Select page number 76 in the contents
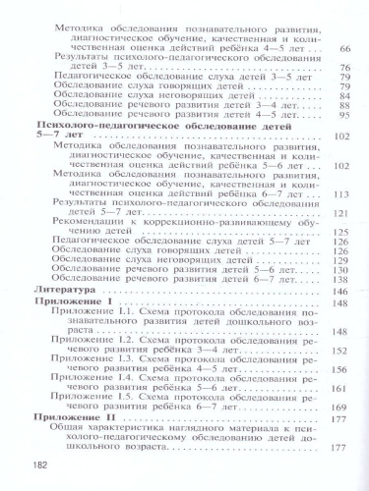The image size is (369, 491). pos(345,70)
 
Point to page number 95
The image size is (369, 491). pos(345,116)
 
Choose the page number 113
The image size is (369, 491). pos(343,193)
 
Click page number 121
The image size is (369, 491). pos(343,214)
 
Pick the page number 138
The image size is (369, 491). pos(343,280)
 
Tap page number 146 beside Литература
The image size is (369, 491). pos(343,293)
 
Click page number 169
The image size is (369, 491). pos(343,407)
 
